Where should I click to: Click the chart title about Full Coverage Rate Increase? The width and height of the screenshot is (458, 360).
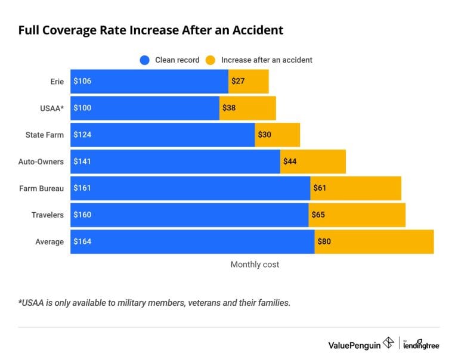(x=151, y=30)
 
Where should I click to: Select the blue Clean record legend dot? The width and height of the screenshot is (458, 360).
(x=144, y=60)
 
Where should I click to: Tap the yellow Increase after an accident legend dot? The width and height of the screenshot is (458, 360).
(x=210, y=60)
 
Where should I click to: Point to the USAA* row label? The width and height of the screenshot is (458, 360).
(x=52, y=108)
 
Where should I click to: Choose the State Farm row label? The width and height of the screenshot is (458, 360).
(x=45, y=135)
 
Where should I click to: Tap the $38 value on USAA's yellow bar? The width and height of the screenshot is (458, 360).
(x=229, y=108)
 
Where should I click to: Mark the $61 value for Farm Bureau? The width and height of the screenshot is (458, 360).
(x=320, y=188)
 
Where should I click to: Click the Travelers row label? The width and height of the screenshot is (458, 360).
(x=48, y=215)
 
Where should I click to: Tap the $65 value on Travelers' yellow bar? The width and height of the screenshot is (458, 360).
(x=318, y=215)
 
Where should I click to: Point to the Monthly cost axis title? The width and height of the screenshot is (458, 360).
(x=255, y=265)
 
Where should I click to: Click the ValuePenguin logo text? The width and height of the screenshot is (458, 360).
(x=353, y=344)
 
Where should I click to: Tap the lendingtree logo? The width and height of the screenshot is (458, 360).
(x=421, y=344)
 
